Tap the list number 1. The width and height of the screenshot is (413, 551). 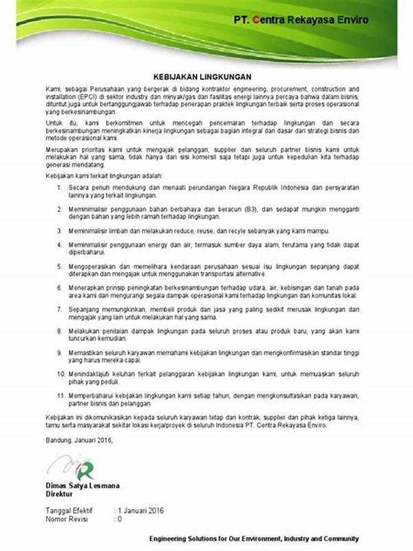60,187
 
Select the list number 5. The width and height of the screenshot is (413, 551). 60,265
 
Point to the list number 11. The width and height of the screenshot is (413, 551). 60,396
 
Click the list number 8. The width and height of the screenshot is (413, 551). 60,331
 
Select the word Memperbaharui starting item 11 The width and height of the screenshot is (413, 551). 92,396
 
